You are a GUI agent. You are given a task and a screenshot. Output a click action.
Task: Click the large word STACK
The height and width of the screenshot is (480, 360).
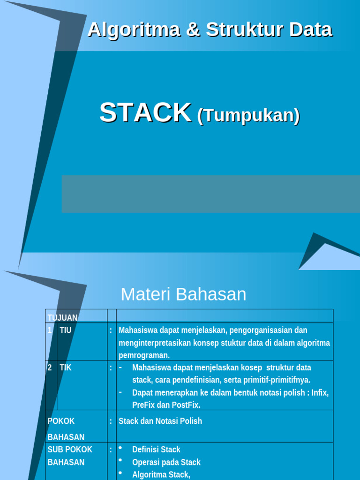pos(145,113)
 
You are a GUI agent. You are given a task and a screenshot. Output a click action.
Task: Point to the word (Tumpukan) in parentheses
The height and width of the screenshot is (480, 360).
pos(248,115)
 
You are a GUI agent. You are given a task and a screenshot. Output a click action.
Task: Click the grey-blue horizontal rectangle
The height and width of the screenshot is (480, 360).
pos(211,194)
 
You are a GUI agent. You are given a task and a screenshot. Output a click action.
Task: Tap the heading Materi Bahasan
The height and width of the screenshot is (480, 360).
pos(183,294)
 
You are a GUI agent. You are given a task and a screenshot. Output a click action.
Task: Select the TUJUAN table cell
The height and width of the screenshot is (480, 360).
pos(63,318)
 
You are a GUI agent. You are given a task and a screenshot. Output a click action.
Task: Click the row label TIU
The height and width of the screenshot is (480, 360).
pos(66,330)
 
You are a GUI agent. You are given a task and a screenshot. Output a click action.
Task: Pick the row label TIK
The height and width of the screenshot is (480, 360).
pos(66,367)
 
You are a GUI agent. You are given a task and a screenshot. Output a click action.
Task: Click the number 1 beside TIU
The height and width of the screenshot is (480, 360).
pos(50,330)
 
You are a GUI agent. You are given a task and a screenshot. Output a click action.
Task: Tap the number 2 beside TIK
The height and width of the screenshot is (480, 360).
pos(50,367)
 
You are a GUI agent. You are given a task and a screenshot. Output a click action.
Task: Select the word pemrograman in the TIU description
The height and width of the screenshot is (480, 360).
pos(144,355)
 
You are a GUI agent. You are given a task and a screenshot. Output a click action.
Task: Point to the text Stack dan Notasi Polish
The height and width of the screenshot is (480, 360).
pos(160,421)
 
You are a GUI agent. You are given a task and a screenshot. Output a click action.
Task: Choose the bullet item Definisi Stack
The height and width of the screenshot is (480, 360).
pos(156,450)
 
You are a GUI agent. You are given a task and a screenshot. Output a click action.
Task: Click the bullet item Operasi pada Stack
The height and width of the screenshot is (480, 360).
pos(166,462)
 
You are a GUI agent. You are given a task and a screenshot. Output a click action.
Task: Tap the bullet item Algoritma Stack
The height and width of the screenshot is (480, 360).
pos(161,474)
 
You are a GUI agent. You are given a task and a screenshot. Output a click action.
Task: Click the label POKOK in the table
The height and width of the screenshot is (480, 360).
pos(61,421)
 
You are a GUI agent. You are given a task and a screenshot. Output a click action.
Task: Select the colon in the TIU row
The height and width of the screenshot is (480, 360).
pos(111,330)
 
